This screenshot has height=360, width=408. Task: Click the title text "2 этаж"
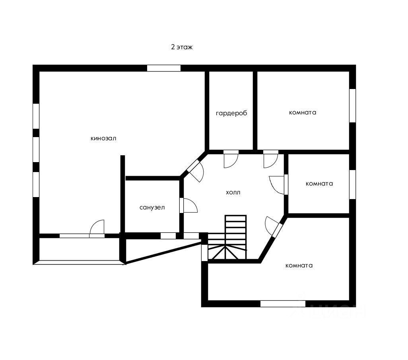pyautogui.click(x=182, y=47)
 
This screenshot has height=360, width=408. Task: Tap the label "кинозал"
pyautogui.click(x=103, y=139)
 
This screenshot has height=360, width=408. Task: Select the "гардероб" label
pyautogui.click(x=231, y=113)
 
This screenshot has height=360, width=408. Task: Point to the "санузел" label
pyautogui.click(x=152, y=207)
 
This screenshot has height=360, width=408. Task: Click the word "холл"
pyautogui.click(x=233, y=193)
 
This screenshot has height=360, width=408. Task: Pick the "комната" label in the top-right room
pyautogui.click(x=303, y=112)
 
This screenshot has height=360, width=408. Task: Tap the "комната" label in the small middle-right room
pyautogui.click(x=319, y=184)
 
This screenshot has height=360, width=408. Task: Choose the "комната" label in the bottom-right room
pyautogui.click(x=299, y=265)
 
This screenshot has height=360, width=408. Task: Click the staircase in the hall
pyautogui.click(x=231, y=238)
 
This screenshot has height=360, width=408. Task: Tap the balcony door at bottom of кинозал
pyautogui.click(x=97, y=230)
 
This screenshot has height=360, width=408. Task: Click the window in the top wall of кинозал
pyautogui.click(x=163, y=68)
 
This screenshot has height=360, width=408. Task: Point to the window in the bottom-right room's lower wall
pyautogui.click(x=283, y=304)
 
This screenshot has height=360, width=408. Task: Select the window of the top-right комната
pyautogui.click(x=352, y=105)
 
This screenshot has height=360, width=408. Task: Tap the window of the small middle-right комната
pyautogui.click(x=352, y=184)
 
